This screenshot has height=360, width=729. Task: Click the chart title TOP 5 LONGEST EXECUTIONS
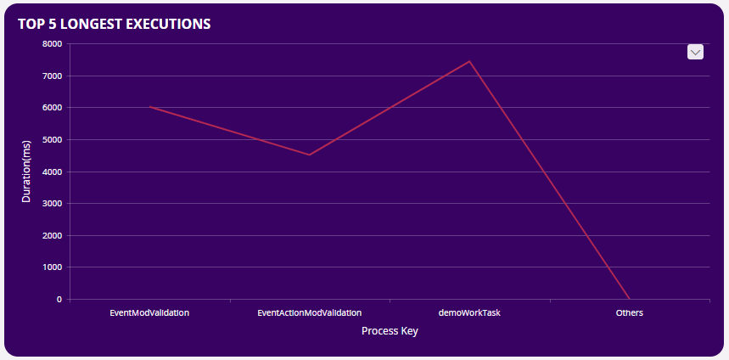point(114,24)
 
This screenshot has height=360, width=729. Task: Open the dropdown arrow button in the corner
point(695,52)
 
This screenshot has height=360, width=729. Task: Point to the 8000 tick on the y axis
point(53,44)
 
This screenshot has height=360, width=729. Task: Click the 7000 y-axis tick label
point(53,76)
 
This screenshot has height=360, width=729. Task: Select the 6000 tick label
point(53,108)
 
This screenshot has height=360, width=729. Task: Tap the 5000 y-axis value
point(53,140)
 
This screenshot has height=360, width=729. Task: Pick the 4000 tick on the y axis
point(53,172)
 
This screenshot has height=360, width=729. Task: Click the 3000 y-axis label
point(53,204)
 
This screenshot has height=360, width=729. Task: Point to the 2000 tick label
point(53,236)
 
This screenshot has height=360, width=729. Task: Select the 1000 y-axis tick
point(53,267)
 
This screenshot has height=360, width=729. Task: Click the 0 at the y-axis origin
point(59,300)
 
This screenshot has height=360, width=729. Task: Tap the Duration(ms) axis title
point(26,172)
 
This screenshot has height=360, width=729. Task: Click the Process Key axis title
point(390,331)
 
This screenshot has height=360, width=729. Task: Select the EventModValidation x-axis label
point(149,312)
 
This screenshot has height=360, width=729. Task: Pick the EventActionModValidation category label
point(309,312)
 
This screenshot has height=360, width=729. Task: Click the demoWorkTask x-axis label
point(469,312)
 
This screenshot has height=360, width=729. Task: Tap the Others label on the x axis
point(629,312)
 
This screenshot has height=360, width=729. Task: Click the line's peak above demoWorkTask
point(469,61)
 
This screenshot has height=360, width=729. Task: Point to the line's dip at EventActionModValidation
point(310,155)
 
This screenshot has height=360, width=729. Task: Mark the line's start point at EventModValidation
point(149,107)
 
